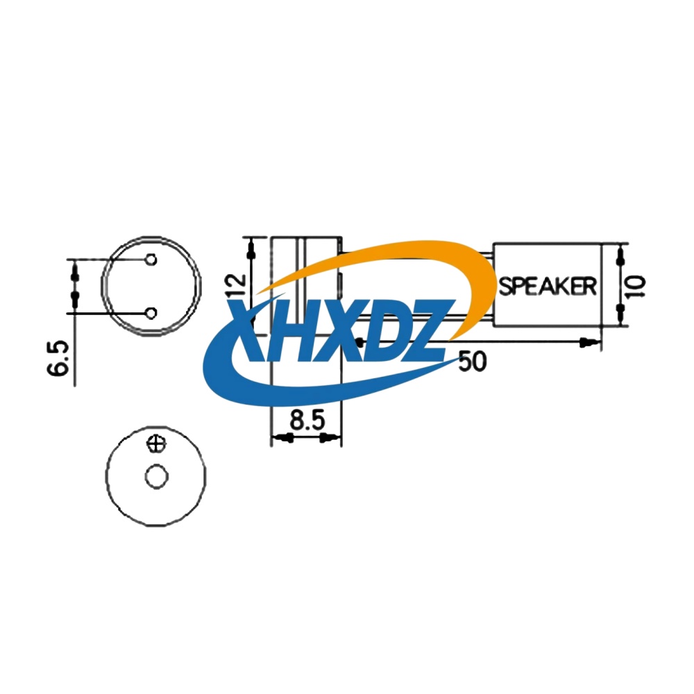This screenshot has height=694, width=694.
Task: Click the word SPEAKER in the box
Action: tap(548, 285)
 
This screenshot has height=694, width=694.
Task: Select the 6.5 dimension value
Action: tap(59, 358)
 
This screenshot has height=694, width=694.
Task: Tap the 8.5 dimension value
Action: tap(305, 421)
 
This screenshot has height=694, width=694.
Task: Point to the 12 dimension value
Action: tap(237, 285)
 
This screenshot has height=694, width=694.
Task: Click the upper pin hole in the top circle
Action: tap(151, 260)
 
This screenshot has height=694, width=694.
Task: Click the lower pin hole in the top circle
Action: tap(151, 313)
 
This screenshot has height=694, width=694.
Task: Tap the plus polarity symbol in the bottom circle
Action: tap(157, 443)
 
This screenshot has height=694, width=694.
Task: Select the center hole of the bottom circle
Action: tap(156, 477)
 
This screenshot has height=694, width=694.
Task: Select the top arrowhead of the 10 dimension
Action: tap(621, 256)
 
